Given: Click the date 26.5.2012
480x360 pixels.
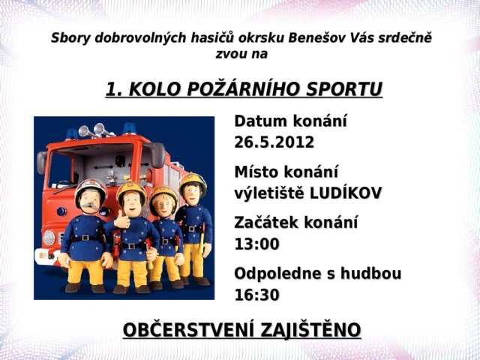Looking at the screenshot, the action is pyautogui.click(x=274, y=142).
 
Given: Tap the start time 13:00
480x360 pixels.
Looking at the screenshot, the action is pyautogui.click(x=256, y=244).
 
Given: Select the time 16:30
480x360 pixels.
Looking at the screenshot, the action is pyautogui.click(x=256, y=295).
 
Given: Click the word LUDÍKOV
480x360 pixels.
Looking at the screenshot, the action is pyautogui.click(x=346, y=193).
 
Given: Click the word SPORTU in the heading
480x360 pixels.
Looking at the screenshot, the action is pyautogui.click(x=344, y=89).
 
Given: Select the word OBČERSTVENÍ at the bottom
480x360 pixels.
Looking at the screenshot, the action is pyautogui.click(x=188, y=330).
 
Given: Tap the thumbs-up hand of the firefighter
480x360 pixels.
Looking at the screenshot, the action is pyautogui.click(x=121, y=220).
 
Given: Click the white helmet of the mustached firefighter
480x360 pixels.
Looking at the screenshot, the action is pyautogui.click(x=91, y=187).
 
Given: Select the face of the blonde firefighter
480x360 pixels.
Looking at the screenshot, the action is pyautogui.click(x=163, y=205).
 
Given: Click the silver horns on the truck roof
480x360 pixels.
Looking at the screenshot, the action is pyautogui.click(x=95, y=130).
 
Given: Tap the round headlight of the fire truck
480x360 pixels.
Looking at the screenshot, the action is pyautogui.click(x=49, y=238).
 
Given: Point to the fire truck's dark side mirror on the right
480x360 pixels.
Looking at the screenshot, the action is pyautogui.click(x=158, y=155).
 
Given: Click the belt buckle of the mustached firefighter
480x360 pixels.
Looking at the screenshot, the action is pyautogui.click(x=85, y=238).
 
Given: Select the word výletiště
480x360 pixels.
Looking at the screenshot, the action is pyautogui.click(x=270, y=193).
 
